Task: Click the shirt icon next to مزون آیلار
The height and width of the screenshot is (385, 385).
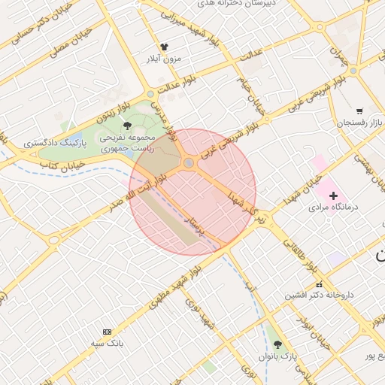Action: pyautogui.click(x=165, y=47)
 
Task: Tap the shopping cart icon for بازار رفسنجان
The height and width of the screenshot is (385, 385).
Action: pyautogui.click(x=359, y=111)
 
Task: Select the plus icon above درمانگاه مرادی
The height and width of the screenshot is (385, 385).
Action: pyautogui.click(x=333, y=196)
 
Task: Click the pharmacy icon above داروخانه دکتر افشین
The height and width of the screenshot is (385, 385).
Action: pyautogui.click(x=319, y=284)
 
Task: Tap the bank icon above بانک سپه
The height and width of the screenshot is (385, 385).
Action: pyautogui.click(x=106, y=332)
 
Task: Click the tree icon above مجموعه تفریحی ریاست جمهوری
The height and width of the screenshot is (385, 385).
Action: pyautogui.click(x=126, y=126)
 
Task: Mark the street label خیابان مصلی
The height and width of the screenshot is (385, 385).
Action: pyautogui.click(x=71, y=44)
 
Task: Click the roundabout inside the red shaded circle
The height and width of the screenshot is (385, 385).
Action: pyautogui.click(x=189, y=163)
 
